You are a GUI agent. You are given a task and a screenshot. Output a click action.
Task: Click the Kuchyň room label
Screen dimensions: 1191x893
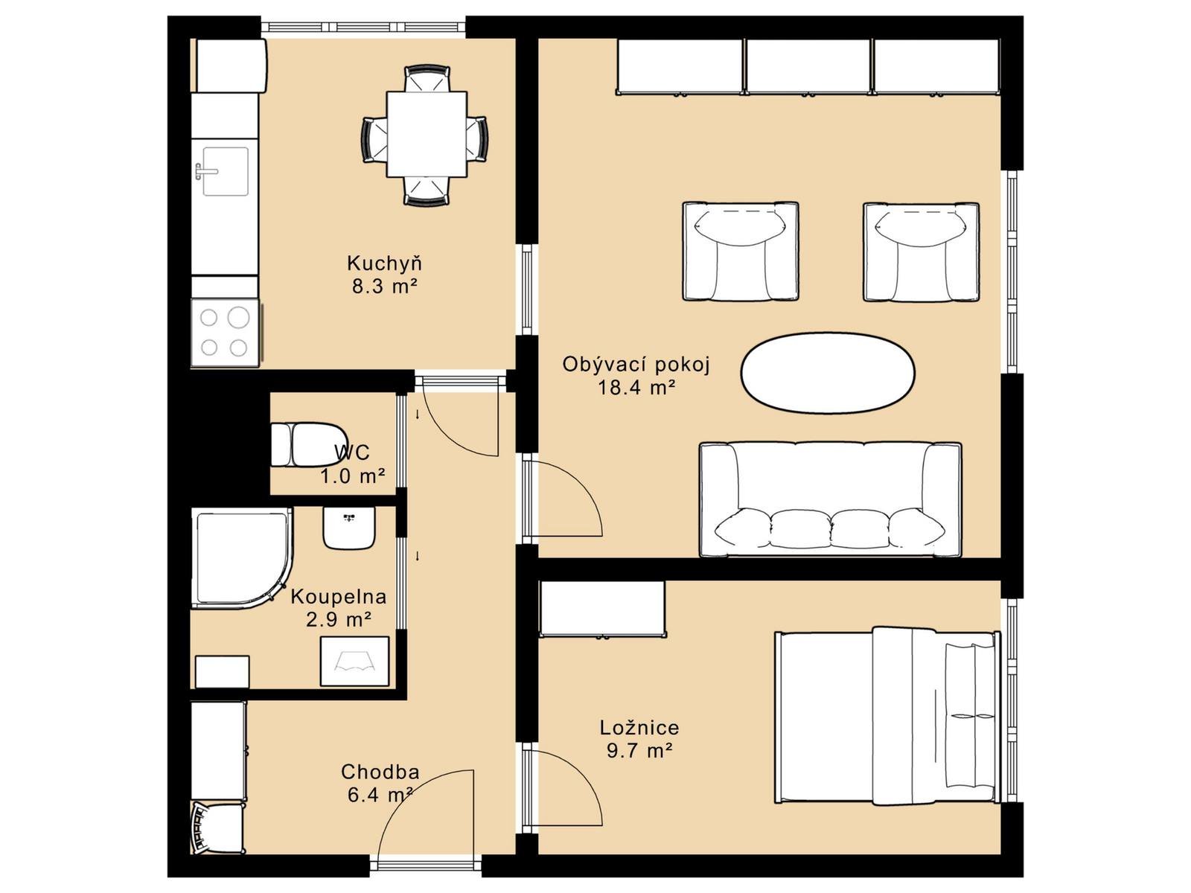(384, 263)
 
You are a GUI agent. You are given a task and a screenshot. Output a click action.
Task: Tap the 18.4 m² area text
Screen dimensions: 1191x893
(636, 388)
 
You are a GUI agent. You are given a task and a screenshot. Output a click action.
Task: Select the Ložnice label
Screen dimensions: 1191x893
(639, 727)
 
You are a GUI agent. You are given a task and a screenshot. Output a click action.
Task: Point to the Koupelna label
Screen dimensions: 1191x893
(339, 596)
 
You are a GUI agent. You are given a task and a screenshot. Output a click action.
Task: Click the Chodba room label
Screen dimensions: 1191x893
(380, 771)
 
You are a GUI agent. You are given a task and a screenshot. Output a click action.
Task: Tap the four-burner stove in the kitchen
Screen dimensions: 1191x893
(225, 332)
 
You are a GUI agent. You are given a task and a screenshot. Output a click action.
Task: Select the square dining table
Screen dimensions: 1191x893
(427, 134)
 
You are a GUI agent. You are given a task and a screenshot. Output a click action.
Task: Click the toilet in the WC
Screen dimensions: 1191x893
(309, 444)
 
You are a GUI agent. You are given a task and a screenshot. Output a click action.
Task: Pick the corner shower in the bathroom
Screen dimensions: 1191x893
(242, 558)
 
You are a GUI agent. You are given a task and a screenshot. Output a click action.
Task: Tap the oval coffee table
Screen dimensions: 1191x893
(828, 373)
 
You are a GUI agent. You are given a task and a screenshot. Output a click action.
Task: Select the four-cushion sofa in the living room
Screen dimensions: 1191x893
(830, 499)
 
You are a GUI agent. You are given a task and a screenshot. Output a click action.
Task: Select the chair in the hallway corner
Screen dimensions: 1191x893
(217, 828)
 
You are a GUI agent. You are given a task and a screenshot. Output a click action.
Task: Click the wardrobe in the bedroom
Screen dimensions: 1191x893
(602, 608)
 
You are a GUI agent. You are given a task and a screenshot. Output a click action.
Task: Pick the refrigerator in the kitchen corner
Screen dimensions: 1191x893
(232, 65)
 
